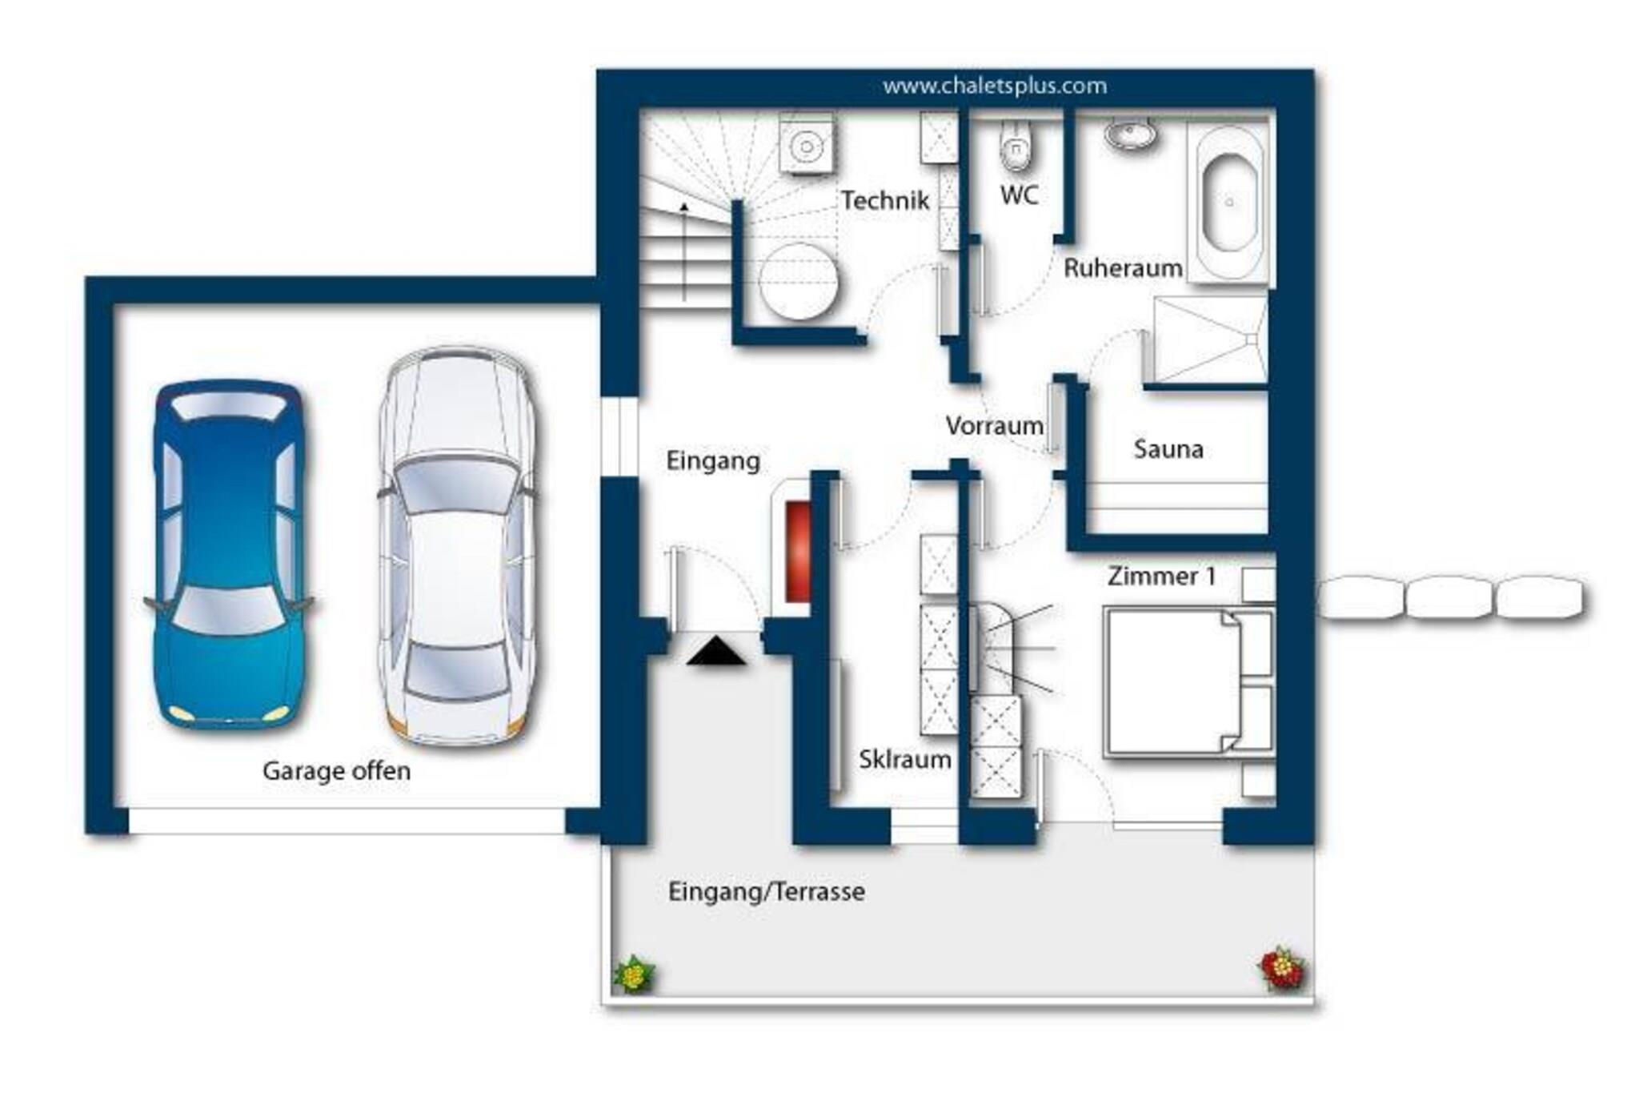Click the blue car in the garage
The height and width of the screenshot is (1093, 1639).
point(230,554)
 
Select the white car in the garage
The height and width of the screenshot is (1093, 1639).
point(459,546)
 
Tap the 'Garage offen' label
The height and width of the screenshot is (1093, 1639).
point(336,771)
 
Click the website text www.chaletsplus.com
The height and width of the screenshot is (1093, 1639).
point(995,86)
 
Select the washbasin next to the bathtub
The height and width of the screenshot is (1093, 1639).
point(1130,134)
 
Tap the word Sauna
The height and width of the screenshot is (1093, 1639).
point(1168,449)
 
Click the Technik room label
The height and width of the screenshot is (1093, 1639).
point(885,200)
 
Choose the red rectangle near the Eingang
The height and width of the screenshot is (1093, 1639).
point(797,551)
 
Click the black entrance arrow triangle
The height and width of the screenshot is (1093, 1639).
point(715,650)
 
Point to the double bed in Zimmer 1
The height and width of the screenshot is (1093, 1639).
point(1188,682)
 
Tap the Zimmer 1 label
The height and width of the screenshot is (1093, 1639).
point(1161,576)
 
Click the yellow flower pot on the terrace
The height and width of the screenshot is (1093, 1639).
point(634,974)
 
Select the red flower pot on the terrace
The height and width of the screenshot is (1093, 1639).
point(1282,969)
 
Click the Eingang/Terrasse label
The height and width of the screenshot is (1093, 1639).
point(766,892)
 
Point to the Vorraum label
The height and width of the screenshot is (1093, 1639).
point(994,425)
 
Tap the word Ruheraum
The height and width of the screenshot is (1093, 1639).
point(1123,268)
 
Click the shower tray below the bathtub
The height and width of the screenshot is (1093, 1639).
point(1208,340)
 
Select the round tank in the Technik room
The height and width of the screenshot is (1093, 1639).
point(798,282)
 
